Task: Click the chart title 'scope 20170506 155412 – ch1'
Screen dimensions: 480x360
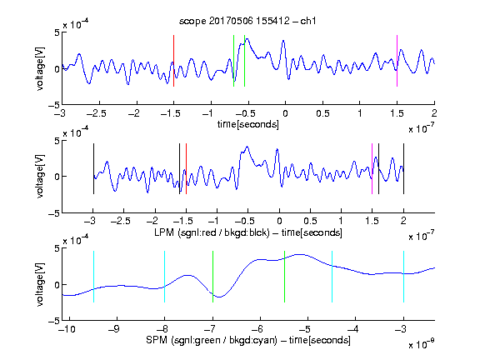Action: pyautogui.click(x=247, y=21)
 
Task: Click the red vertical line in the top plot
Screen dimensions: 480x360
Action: pyautogui.click(x=173, y=61)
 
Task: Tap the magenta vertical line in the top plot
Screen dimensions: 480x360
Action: pyautogui.click(x=397, y=61)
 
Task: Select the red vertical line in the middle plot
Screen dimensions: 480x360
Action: pyautogui.click(x=186, y=168)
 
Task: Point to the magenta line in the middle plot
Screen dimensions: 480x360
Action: pyautogui.click(x=372, y=168)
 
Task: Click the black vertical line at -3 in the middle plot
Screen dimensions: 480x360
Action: pyautogui.click(x=93, y=168)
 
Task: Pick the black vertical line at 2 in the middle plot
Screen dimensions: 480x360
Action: pyautogui.click(x=403, y=168)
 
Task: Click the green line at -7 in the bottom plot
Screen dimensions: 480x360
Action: pyautogui.click(x=212, y=277)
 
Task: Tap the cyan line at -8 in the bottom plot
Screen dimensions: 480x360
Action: pyautogui.click(x=165, y=277)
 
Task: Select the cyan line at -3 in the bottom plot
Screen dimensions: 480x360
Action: pyautogui.click(x=403, y=277)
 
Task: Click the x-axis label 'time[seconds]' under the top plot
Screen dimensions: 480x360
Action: pyautogui.click(x=248, y=125)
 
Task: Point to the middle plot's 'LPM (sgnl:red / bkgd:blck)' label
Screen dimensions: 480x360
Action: pyautogui.click(x=212, y=232)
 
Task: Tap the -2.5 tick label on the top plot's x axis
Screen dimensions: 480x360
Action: pyautogui.click(x=96, y=113)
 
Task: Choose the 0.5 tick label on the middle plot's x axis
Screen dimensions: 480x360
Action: pyautogui.click(x=310, y=221)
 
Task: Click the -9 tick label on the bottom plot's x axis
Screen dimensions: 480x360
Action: pyautogui.click(x=114, y=329)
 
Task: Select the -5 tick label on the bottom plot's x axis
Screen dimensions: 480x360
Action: pyautogui.click(x=305, y=329)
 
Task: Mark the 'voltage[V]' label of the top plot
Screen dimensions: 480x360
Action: pyautogui.click(x=40, y=68)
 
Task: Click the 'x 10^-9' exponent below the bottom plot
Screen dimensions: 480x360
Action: pyautogui.click(x=421, y=343)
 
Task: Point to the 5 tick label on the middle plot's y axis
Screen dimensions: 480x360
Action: pyautogui.click(x=57, y=141)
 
